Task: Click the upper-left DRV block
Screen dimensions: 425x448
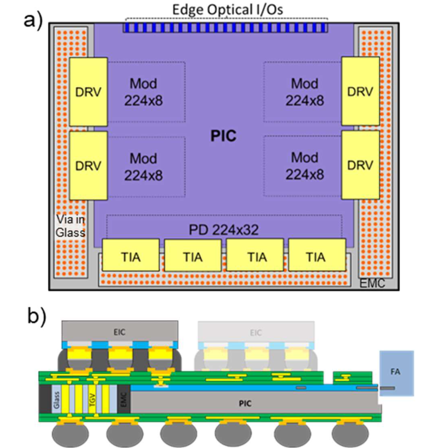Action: click(88, 92)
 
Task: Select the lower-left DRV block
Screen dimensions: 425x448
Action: click(88, 166)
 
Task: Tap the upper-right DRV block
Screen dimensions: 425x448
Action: click(360, 91)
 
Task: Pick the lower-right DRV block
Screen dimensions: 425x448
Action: click(360, 165)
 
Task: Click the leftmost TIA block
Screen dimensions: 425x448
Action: click(131, 255)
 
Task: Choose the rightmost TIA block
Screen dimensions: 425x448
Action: click(317, 255)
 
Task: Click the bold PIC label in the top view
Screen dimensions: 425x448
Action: click(223, 136)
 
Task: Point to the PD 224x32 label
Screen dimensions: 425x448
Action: click(224, 230)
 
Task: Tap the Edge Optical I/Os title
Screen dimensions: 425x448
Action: click(227, 10)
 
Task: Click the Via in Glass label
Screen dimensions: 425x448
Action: click(71, 226)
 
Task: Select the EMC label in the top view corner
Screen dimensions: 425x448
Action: click(372, 283)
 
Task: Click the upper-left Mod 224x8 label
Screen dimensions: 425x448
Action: click(143, 92)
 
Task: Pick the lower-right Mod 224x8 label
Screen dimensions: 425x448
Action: click(305, 166)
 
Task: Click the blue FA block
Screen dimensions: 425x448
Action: click(397, 373)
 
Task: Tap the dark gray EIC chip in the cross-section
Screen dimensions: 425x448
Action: click(120, 332)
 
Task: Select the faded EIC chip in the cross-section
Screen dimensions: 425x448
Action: click(256, 332)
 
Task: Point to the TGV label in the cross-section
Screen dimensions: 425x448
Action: click(92, 399)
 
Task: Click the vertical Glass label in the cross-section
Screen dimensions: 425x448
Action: click(56, 400)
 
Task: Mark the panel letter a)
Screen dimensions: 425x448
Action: click(33, 21)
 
